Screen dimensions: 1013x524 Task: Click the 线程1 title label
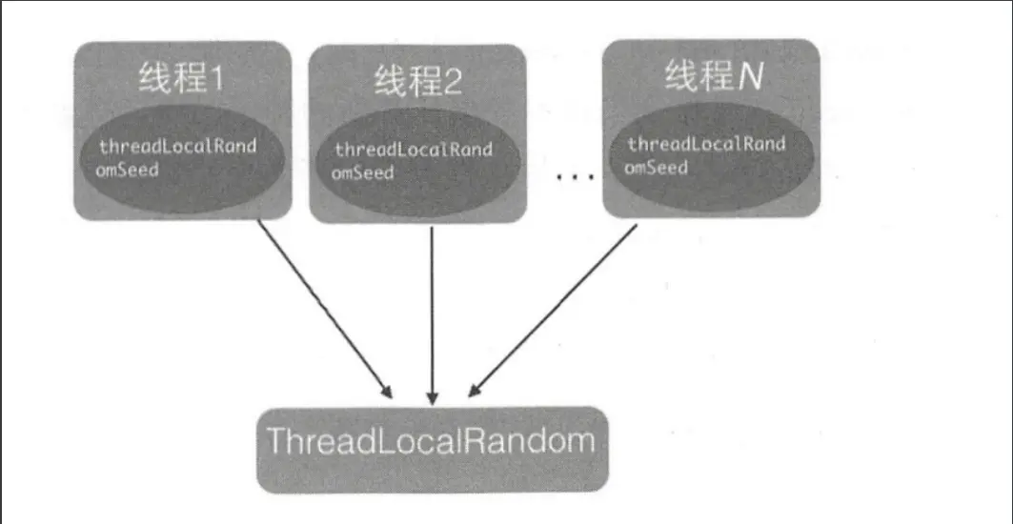(180, 78)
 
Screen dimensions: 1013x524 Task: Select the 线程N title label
(714, 77)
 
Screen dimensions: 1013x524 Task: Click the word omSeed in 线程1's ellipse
(127, 171)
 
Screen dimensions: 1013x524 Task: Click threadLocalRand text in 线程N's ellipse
(706, 145)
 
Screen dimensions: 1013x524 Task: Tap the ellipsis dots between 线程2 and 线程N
(574, 177)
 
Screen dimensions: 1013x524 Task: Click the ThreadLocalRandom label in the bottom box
(431, 442)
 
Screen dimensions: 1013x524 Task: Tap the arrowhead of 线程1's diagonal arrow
(386, 392)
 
